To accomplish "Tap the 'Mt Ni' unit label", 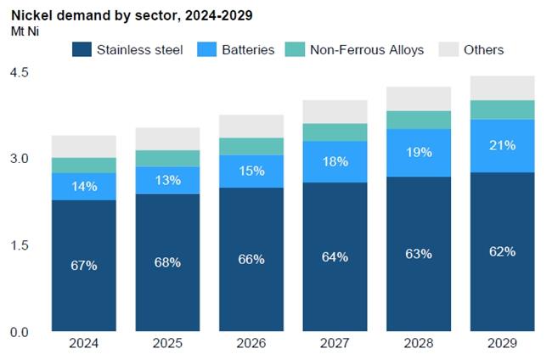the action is (x=25, y=31).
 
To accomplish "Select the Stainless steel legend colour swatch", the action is (x=82, y=49).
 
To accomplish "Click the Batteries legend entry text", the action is (x=248, y=49).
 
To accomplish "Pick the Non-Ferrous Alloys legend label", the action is (x=367, y=49).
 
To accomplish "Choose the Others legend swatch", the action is (x=449, y=49).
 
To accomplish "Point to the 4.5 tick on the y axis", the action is (x=19, y=72).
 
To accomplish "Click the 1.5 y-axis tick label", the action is (x=19, y=245).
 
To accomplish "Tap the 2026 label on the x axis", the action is (x=251, y=343).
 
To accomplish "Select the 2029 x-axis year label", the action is (x=502, y=343).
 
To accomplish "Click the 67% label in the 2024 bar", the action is (x=84, y=266).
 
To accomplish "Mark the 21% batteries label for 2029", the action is (x=503, y=145).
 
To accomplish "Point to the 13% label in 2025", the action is (x=167, y=180).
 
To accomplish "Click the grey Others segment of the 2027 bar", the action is (x=335, y=111).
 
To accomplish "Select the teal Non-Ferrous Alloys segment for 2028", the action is (x=419, y=120).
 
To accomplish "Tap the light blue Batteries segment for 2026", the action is (x=251, y=172).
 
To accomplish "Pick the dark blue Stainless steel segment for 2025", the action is (x=167, y=262).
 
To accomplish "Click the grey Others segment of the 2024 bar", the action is (x=84, y=146).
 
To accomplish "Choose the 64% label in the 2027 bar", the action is (x=335, y=257).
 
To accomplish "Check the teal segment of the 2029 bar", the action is (x=503, y=110).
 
